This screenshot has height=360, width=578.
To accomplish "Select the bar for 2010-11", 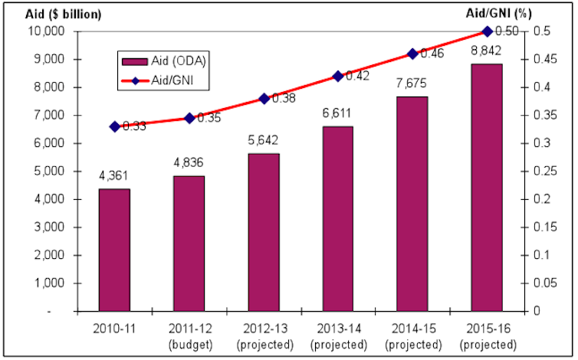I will coord(114,250).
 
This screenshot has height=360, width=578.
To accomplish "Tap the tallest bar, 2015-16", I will coord(488,188).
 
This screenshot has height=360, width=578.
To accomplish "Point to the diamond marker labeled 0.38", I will coord(264,98).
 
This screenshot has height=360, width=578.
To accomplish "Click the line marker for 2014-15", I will coord(412,54).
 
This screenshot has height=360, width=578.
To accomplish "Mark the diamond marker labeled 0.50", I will coord(488,31).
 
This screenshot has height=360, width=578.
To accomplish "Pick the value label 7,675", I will coord(412,82).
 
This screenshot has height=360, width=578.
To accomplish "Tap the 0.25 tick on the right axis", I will coord(542,199).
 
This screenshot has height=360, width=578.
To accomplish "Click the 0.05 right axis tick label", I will coord(542,283).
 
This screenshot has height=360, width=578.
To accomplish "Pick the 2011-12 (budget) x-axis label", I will coord(189,335).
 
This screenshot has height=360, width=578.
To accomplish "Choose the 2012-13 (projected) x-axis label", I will coord(264,335).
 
